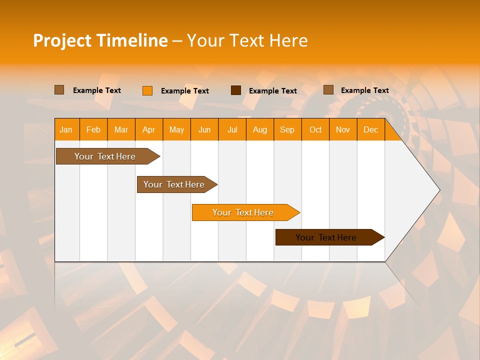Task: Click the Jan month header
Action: pos(66,129)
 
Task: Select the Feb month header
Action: pos(93,129)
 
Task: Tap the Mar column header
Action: pos(121,129)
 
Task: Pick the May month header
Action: pos(176,129)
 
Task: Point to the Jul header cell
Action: pos(232,129)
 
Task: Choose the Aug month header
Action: pos(260,129)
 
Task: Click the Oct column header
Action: pos(315,129)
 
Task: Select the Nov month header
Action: pos(343,129)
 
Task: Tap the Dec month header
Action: pos(370,129)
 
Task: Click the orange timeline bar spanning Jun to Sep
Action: pos(242,212)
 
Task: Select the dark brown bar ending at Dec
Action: pos(326,237)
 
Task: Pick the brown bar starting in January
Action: pos(105,156)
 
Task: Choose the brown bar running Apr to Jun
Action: pos(174,184)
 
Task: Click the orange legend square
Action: pos(147,90)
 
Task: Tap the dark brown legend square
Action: pos(236,90)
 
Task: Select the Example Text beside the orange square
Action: pos(185,91)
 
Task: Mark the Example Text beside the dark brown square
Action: pos(273,91)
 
